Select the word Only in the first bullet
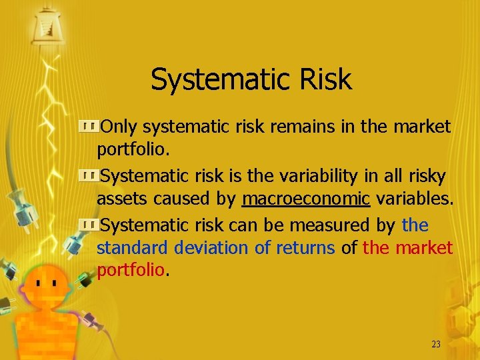[x=119, y=126]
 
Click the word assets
[x=120, y=199]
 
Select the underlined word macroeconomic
[x=306, y=199]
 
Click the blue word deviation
[x=211, y=248]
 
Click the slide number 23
[x=436, y=344]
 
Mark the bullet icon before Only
[x=89, y=125]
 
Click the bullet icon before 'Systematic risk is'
[x=89, y=175]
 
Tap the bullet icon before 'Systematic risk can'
[x=89, y=225]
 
